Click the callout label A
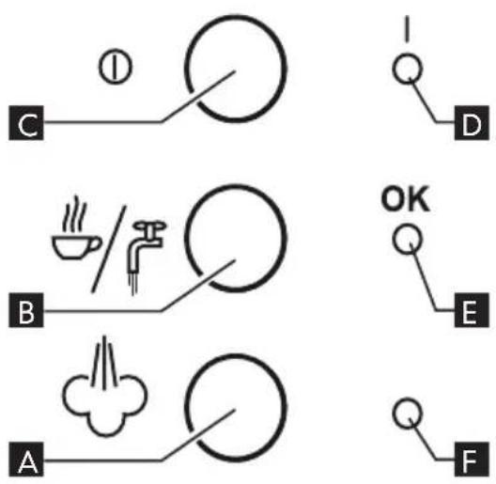[x=26, y=459]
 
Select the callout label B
[x=26, y=310]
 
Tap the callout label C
[x=26, y=123]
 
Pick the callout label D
[x=472, y=123]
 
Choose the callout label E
[x=472, y=310]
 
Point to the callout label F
[x=472, y=459]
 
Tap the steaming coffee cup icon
[x=76, y=227]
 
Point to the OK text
[x=406, y=199]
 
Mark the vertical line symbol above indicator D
[x=408, y=29]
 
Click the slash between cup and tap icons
[x=109, y=249]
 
